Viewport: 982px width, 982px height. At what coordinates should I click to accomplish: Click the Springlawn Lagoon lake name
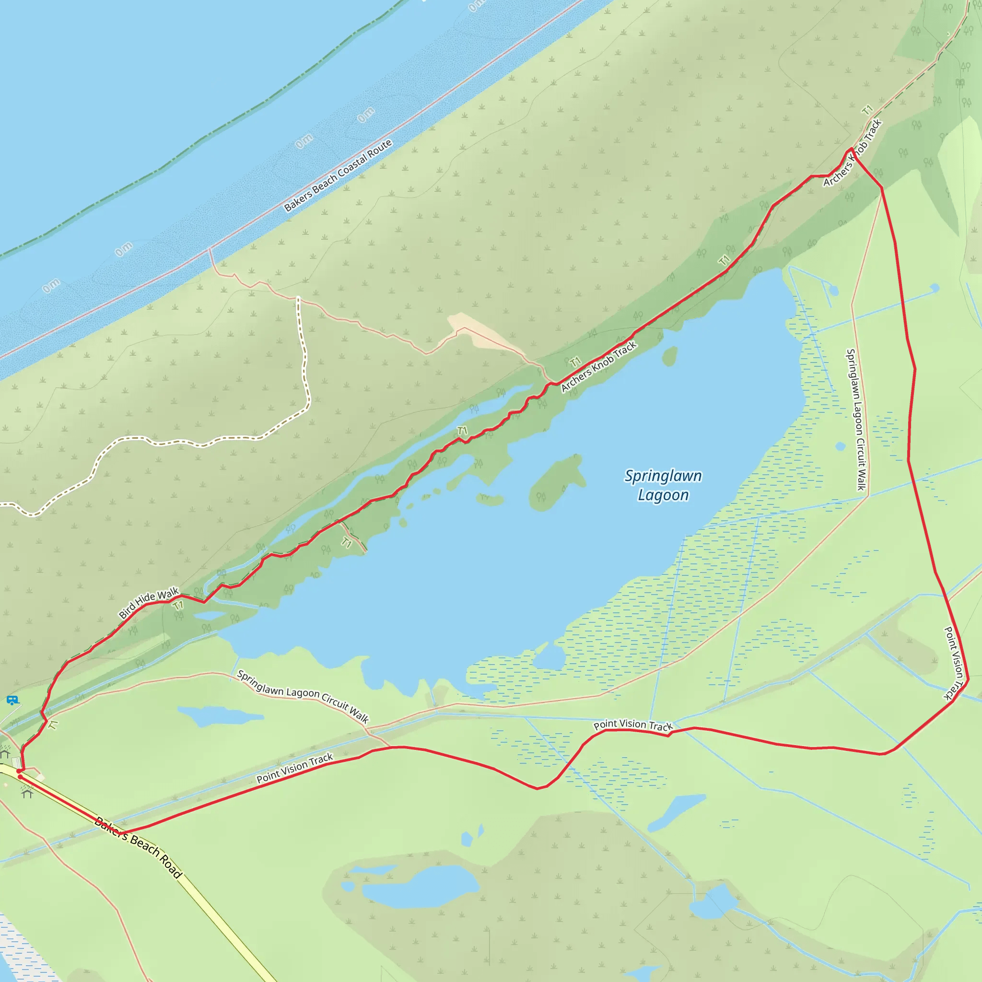tap(663, 485)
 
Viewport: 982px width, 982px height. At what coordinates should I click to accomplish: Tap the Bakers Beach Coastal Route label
tap(338, 175)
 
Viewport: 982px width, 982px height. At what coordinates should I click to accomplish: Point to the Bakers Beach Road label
tap(138, 847)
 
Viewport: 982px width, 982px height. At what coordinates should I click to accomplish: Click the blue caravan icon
tap(12, 701)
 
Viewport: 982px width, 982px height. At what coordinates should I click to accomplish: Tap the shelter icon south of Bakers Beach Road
tap(27, 793)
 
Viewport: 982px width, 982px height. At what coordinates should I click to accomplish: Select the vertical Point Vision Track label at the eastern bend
tap(954, 663)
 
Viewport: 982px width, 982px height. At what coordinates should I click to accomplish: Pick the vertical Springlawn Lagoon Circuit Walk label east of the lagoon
tap(857, 420)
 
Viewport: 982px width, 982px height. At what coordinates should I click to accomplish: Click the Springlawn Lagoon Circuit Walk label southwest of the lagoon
tap(303, 696)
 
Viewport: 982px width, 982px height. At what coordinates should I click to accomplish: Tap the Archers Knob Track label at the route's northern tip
tap(853, 152)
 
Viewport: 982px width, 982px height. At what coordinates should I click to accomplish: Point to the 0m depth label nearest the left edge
tap(51, 286)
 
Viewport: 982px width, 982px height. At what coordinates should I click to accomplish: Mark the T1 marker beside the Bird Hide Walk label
tap(177, 606)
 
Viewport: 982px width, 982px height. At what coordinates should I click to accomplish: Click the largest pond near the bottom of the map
tap(421, 888)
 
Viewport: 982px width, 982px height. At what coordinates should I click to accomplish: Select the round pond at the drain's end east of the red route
tap(934, 288)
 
